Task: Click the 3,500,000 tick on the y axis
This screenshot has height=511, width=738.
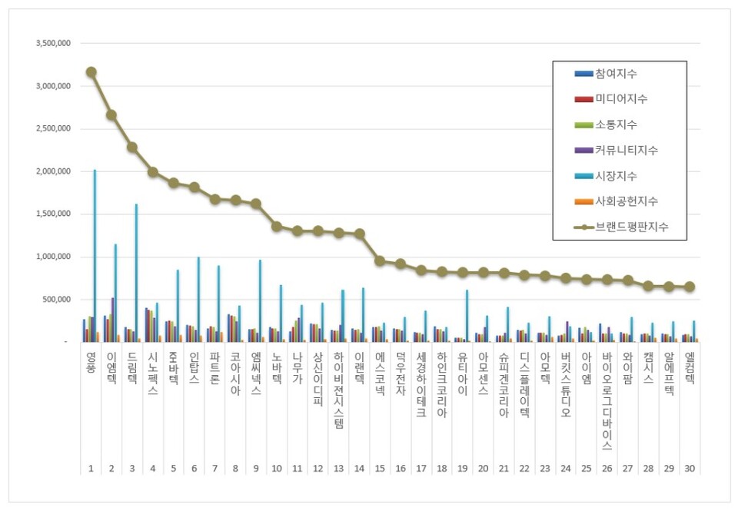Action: click(x=53, y=44)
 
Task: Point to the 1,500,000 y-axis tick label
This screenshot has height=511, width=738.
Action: click(x=53, y=214)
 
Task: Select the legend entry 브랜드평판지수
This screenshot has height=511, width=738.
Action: click(x=630, y=227)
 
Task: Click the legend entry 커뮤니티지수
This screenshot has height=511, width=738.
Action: click(x=627, y=151)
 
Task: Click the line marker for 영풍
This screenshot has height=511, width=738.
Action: click(x=91, y=72)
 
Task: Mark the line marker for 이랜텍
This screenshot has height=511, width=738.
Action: click(x=360, y=234)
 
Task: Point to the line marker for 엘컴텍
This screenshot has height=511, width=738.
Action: click(x=690, y=287)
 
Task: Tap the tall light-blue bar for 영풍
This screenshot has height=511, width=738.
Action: click(x=95, y=255)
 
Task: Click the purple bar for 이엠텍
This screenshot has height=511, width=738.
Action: click(x=112, y=319)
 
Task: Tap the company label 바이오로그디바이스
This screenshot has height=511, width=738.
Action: click(x=607, y=400)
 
